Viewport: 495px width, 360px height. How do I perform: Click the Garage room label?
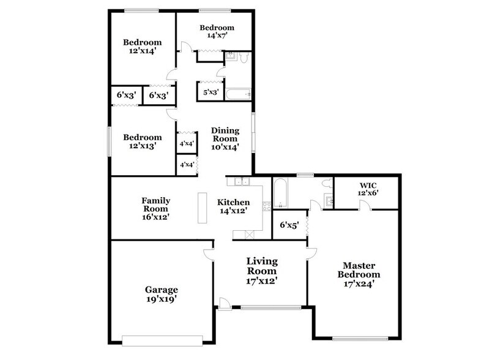point(161,290)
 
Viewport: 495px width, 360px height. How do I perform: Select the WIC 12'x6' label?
point(368,189)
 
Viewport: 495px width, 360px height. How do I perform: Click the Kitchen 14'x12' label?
point(234,207)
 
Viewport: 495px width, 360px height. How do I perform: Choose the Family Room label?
point(155,208)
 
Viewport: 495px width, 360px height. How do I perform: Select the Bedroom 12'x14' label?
point(143,47)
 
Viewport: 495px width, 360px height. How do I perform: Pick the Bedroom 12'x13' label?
point(143,141)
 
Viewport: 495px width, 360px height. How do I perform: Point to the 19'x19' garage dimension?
point(161,300)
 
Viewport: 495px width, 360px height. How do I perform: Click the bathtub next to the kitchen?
point(280,193)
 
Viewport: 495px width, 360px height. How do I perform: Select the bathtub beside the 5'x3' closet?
point(238,94)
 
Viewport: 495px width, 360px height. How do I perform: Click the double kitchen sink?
point(240,181)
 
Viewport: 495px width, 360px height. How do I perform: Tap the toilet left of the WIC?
point(327,182)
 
